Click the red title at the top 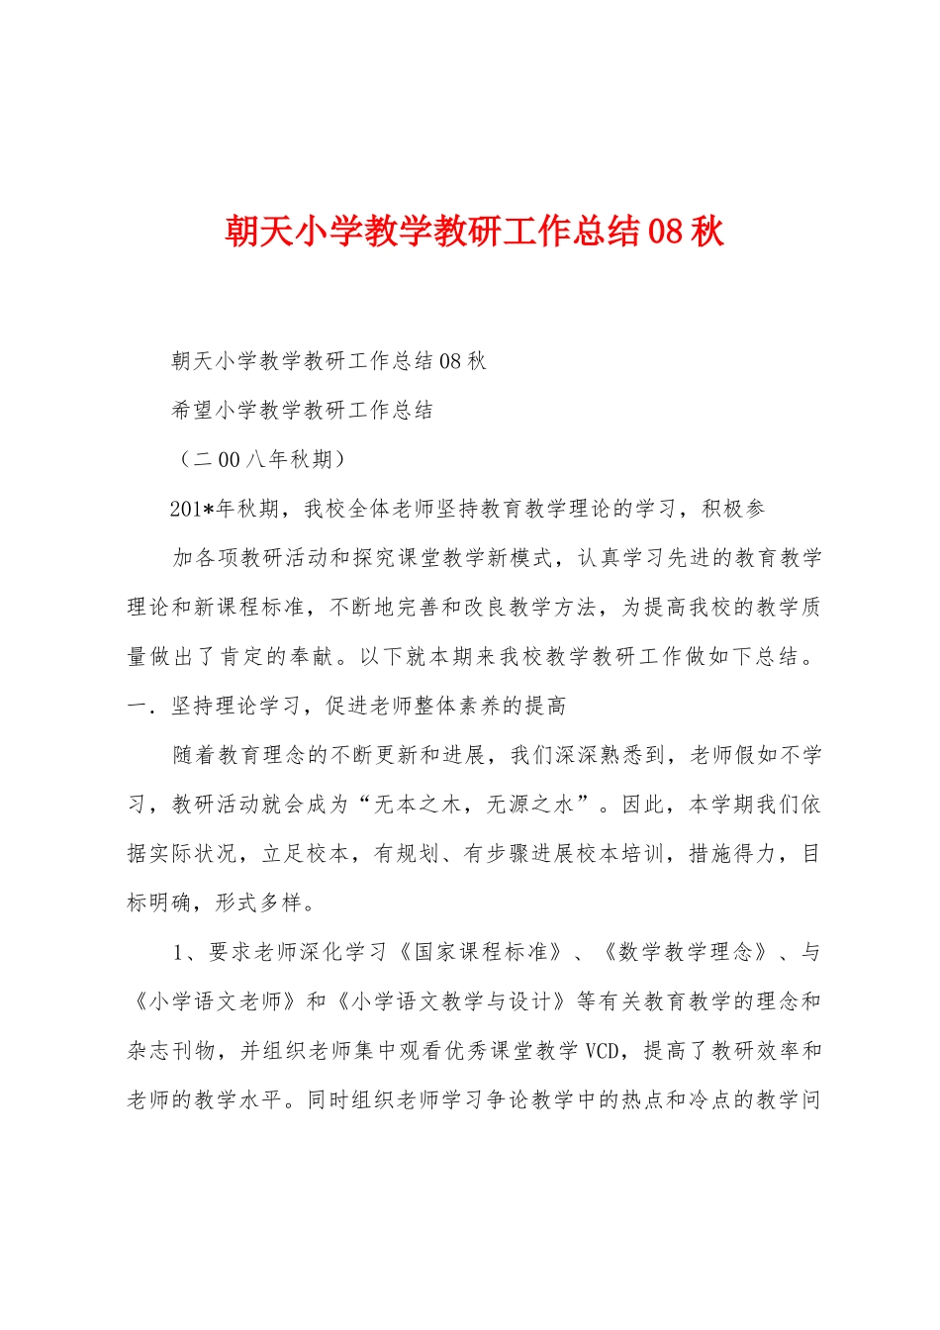pos(474,232)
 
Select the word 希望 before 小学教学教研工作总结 pos(193,411)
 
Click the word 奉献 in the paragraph pos(313,656)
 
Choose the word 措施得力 pos(733,854)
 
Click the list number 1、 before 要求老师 pos(187,952)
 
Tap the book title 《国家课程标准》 pos(481,952)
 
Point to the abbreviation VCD pos(603,1051)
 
